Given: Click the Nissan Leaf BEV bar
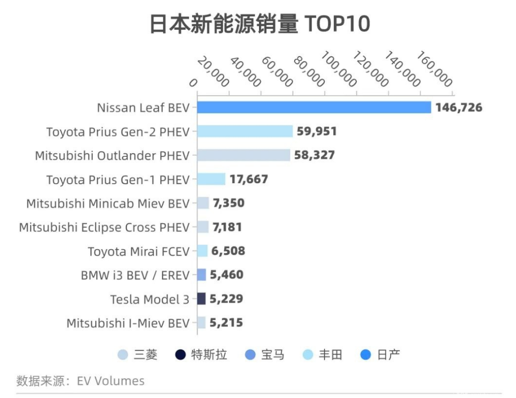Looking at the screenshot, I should pyautogui.click(x=314, y=107).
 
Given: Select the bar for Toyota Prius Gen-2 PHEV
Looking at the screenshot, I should pyautogui.click(x=245, y=132).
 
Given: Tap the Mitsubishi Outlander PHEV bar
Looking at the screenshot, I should pyautogui.click(x=244, y=155).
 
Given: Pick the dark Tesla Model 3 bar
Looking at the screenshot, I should pyautogui.click(x=201, y=299).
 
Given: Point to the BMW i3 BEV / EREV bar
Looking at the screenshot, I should pyautogui.click(x=201, y=275).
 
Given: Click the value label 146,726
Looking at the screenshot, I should pyautogui.click(x=458, y=108).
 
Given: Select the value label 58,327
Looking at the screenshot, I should pyautogui.click(x=314, y=155).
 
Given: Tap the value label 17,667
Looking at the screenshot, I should pyautogui.click(x=249, y=179).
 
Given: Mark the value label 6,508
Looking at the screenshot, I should pyautogui.click(x=228, y=251).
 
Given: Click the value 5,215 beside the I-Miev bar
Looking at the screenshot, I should pyautogui.click(x=226, y=323).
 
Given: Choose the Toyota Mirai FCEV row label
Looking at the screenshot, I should pyautogui.click(x=138, y=252).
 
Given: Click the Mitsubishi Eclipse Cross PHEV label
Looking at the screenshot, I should pyautogui.click(x=104, y=227).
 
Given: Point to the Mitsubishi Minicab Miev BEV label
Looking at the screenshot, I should pyautogui.click(x=108, y=203).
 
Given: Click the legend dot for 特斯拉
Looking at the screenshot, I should pyautogui.click(x=180, y=355).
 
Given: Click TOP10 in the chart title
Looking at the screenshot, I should pyautogui.click(x=337, y=24).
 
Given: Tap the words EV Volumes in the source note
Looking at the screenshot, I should pyautogui.click(x=111, y=381).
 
